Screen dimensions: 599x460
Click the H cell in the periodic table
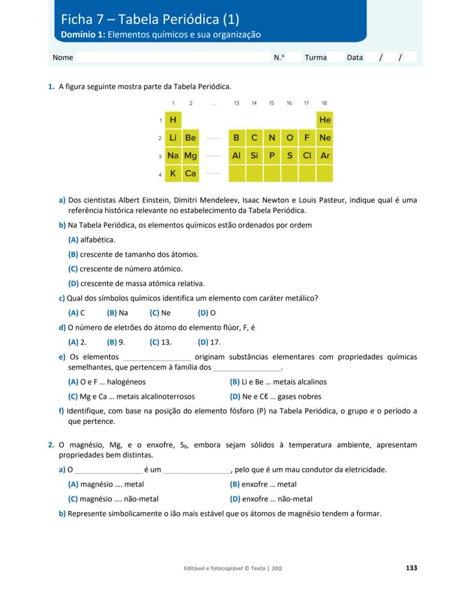(173, 120)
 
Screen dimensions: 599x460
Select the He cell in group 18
(325, 120)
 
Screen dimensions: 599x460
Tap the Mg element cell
(191, 156)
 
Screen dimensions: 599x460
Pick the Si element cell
(254, 156)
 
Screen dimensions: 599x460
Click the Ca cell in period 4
(191, 174)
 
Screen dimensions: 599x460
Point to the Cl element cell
(307, 156)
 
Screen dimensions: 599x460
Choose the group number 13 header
(237, 103)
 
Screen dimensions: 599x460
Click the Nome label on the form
(63, 57)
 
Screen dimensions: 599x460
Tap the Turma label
(316, 57)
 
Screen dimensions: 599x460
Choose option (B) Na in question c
(118, 313)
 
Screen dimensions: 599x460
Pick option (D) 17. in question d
(209, 343)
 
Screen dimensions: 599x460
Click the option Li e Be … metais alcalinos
(278, 382)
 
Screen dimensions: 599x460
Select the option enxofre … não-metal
(271, 499)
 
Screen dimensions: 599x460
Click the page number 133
(411, 568)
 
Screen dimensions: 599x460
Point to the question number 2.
(51, 445)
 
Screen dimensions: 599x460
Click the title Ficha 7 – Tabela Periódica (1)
(150, 19)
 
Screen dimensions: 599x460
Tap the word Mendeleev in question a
(243, 200)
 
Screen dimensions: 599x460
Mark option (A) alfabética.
(92, 240)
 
